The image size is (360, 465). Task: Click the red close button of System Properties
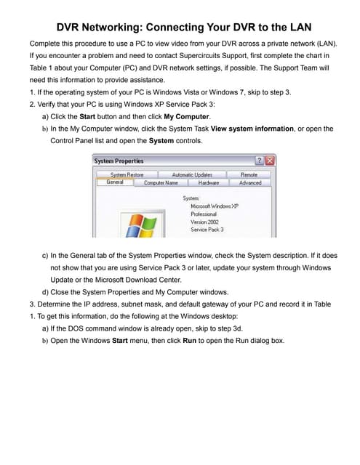(x=270, y=161)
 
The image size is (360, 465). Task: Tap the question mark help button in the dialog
(x=259, y=161)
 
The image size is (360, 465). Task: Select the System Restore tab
(x=127, y=174)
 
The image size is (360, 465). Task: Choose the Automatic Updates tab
(x=192, y=174)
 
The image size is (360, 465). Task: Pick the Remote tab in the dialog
(x=249, y=174)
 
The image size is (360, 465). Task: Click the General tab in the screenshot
(x=114, y=182)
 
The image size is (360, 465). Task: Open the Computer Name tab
(x=160, y=183)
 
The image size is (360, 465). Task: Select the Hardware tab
(x=208, y=183)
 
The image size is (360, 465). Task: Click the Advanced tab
(x=249, y=183)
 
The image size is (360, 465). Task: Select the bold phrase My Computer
(x=187, y=116)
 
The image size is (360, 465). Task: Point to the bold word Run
(x=190, y=340)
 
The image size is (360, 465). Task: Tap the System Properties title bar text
(x=119, y=161)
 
